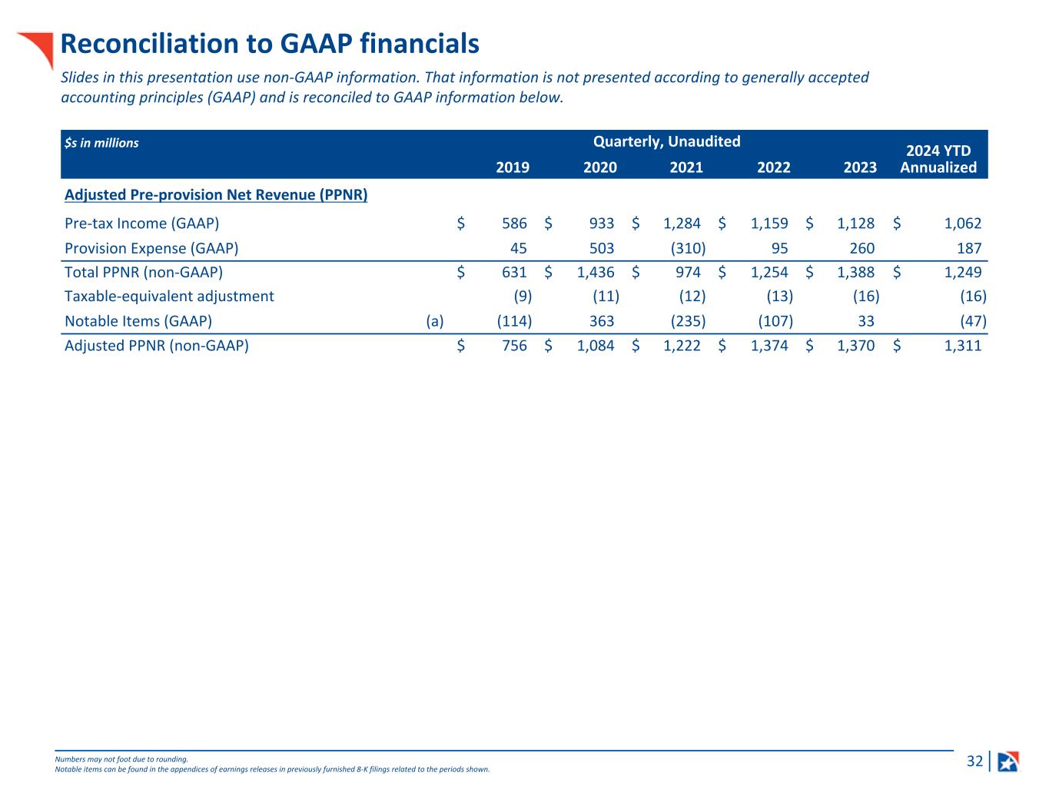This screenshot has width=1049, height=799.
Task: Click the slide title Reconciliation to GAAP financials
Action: [x=270, y=44]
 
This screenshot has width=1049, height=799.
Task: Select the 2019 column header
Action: [x=513, y=167]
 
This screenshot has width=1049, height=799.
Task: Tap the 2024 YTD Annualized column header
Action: [x=938, y=159]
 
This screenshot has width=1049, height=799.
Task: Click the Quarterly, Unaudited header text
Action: [x=666, y=141]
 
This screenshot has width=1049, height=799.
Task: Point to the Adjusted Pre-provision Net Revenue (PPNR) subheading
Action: [x=216, y=195]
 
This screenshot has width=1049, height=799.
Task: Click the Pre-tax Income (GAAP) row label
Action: [x=142, y=224]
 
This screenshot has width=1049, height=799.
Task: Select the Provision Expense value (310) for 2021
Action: [x=688, y=248]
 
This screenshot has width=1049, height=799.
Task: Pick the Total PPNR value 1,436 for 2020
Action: [x=596, y=272]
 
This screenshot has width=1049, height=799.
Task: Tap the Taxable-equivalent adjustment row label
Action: [x=169, y=297]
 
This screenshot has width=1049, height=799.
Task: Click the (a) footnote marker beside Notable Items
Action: [x=435, y=321]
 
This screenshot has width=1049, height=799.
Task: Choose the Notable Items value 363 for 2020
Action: [x=602, y=321]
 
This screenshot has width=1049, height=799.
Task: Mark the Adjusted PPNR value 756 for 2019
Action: [x=514, y=346]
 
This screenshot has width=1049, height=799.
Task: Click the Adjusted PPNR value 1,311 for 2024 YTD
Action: [x=963, y=346]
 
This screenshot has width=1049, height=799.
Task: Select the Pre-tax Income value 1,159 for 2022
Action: [x=769, y=224]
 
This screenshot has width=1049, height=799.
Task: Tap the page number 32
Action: [x=974, y=761]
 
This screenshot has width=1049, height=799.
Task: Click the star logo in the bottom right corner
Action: [x=1008, y=761]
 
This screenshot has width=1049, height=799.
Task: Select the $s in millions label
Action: [x=101, y=143]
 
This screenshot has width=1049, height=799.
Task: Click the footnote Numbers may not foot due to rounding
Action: [x=121, y=759]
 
